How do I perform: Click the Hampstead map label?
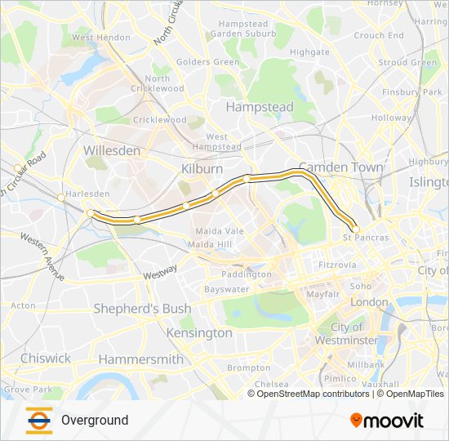(x=259, y=107)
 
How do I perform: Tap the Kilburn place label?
(x=202, y=168)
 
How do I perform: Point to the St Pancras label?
(x=366, y=238)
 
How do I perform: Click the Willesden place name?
(x=112, y=151)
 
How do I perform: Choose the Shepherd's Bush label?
(x=142, y=309)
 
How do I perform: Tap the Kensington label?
(x=199, y=333)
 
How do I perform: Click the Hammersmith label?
(x=140, y=359)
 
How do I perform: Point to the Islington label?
(x=429, y=181)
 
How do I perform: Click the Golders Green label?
(x=207, y=62)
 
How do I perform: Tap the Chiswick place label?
(x=46, y=358)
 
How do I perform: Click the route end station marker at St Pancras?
(x=355, y=229)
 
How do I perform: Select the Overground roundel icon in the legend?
(x=38, y=420)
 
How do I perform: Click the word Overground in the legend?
(x=95, y=421)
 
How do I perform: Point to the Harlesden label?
(x=87, y=194)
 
